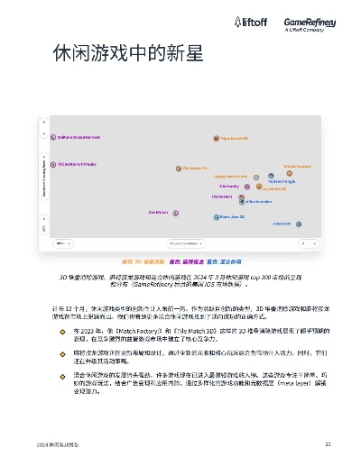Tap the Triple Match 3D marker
216,139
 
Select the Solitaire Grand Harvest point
53,138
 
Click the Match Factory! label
297,167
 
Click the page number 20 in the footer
329,445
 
